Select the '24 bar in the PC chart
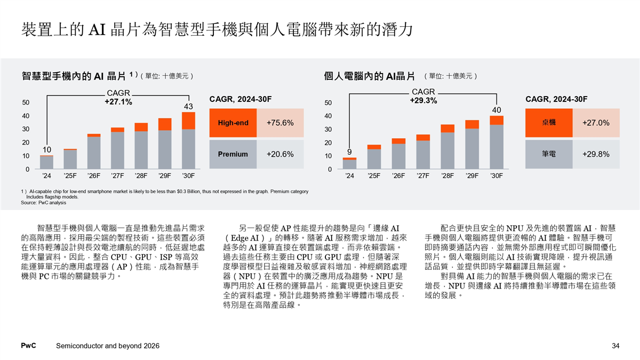[x=349, y=163]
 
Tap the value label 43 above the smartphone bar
[x=188, y=107]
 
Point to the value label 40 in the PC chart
[x=497, y=110]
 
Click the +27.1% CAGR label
[x=118, y=101]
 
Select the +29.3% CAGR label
[x=423, y=100]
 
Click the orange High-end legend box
[x=233, y=123]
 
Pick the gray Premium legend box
[x=233, y=154]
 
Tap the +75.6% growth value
[x=280, y=123]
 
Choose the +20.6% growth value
[x=280, y=154]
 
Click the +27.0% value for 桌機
[x=596, y=123]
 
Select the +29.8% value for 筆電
[x=596, y=154]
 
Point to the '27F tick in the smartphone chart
[x=117, y=175]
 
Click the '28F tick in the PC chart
[x=447, y=175]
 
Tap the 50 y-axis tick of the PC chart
[x=328, y=102]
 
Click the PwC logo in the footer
[x=28, y=346]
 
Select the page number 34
[x=615, y=346]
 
